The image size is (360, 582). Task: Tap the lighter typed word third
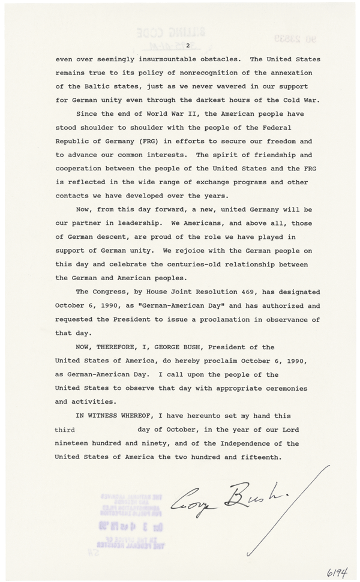(65, 430)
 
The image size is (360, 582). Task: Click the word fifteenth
(254, 457)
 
